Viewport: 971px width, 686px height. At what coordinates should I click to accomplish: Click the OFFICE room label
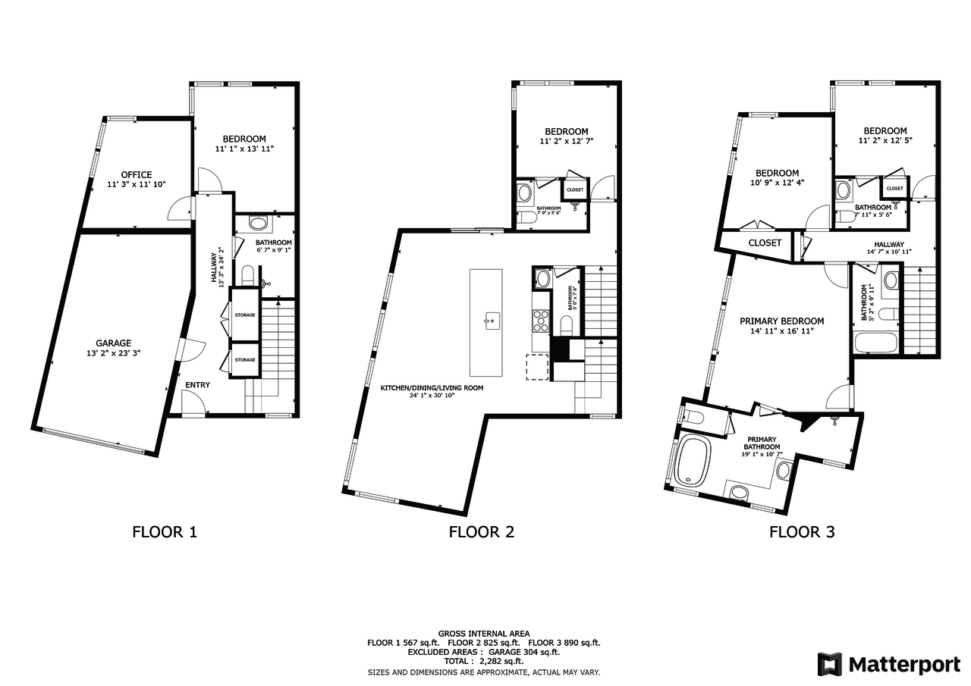pos(137,174)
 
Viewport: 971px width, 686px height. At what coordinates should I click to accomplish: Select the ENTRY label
pos(197,385)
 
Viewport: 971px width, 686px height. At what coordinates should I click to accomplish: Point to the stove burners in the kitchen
pos(540,321)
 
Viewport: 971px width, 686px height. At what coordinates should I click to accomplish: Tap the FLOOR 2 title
pos(481,531)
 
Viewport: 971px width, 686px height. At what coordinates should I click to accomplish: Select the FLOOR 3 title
pos(802,531)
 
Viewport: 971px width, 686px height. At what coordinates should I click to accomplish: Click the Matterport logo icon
pos(829,664)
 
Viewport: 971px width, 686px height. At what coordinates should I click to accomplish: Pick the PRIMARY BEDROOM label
pos(781,321)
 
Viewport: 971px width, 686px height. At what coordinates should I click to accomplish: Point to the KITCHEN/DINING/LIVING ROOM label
pos(432,387)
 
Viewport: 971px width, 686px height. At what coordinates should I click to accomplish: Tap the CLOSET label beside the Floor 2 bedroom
pos(574,190)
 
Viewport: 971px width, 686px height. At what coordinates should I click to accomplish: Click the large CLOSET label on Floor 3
pos(765,243)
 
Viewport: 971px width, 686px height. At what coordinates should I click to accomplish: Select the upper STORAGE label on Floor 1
pos(244,315)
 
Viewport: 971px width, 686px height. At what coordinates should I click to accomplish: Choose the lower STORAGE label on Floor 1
pos(244,359)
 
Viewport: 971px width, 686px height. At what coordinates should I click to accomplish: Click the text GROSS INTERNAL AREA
pos(484,633)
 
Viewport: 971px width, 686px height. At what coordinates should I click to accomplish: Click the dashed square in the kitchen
pos(538,367)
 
